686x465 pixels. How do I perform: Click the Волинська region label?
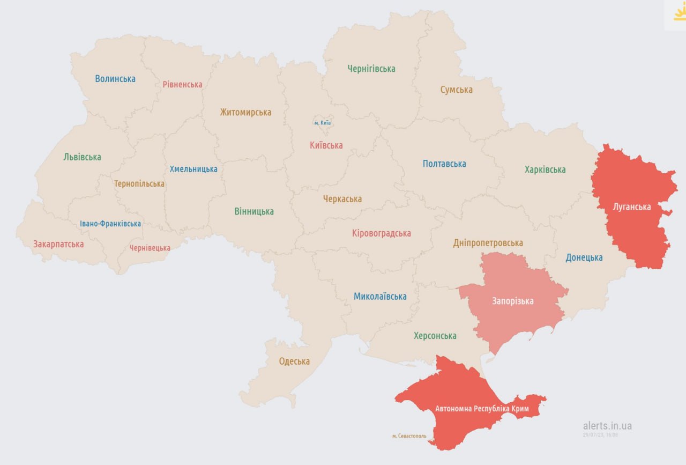pyautogui.click(x=115, y=79)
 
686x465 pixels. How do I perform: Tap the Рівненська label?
pyautogui.click(x=182, y=84)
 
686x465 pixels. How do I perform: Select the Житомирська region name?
pyautogui.click(x=245, y=112)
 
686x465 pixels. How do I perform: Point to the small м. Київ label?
pyautogui.click(x=322, y=123)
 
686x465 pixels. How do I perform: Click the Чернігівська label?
pyautogui.click(x=371, y=69)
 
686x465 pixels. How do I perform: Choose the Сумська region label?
pyautogui.click(x=457, y=90)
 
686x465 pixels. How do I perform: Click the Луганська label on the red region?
pyautogui.click(x=632, y=206)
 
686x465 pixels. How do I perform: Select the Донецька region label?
pyautogui.click(x=584, y=257)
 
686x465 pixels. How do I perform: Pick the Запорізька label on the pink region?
pyautogui.click(x=513, y=301)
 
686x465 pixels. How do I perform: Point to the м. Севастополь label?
pyautogui.click(x=409, y=436)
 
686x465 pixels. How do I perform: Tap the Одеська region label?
pyautogui.click(x=294, y=361)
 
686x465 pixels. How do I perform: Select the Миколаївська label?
pyautogui.click(x=380, y=296)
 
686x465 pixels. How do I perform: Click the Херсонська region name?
pyautogui.click(x=435, y=336)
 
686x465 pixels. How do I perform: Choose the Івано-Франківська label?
pyautogui.click(x=110, y=224)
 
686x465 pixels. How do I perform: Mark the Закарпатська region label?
pyautogui.click(x=58, y=244)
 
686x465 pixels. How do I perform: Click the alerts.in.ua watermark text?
pyautogui.click(x=607, y=426)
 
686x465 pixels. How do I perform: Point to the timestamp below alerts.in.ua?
pyautogui.click(x=600, y=434)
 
